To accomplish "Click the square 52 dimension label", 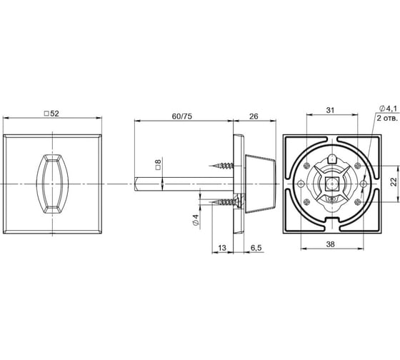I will [52, 113].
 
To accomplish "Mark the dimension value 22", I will [391, 182].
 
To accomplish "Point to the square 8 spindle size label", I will [158, 163].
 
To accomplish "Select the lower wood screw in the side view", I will [225, 201].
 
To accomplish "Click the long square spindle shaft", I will [179, 184].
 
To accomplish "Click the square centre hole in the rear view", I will [330, 184].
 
